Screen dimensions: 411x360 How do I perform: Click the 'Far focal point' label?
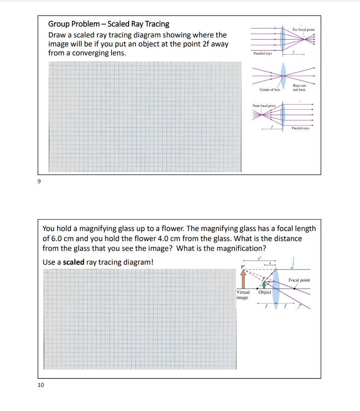[303, 30]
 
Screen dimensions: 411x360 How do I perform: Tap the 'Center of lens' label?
[270, 90]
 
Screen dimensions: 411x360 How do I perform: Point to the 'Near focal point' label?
[264, 106]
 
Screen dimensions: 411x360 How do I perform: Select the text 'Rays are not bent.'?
[299, 87]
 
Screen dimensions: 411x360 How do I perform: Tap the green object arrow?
[264, 285]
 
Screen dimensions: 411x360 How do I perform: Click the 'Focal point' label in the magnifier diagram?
[299, 280]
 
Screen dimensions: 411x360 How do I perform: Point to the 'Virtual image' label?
[243, 295]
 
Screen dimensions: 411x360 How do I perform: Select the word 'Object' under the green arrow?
[265, 292]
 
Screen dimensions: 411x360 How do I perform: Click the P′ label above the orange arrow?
[242, 266]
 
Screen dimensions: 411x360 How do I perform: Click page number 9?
[39, 181]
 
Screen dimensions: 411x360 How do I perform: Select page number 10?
[40, 385]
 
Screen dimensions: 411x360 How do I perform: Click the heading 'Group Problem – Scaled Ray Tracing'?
[109, 24]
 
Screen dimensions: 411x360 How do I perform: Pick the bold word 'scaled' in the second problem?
[74, 262]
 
